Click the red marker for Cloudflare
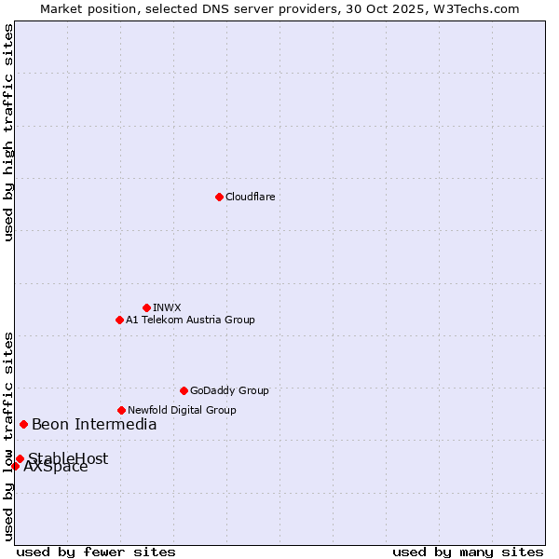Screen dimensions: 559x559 [219, 197]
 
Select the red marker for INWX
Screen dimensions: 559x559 [146, 307]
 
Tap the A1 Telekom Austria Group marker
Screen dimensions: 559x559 [119, 320]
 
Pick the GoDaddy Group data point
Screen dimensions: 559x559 [184, 390]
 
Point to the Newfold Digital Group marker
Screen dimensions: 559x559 [121, 410]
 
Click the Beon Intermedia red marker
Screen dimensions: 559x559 [23, 424]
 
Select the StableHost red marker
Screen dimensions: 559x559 [20, 458]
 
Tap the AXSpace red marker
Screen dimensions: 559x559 [15, 466]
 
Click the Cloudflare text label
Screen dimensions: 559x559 [250, 197]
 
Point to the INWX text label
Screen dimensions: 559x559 [167, 307]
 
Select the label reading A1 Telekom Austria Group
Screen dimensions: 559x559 [190, 320]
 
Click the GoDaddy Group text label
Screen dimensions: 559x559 [229, 390]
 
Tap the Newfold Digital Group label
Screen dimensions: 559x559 [182, 410]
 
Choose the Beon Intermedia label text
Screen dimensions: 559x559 [94, 425]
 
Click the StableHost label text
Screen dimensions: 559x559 [69, 458]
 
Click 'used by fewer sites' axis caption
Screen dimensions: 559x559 [96, 552]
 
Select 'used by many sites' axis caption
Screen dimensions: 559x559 [468, 552]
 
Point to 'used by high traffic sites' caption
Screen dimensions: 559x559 [8, 132]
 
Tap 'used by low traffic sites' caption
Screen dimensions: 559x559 [8, 435]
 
